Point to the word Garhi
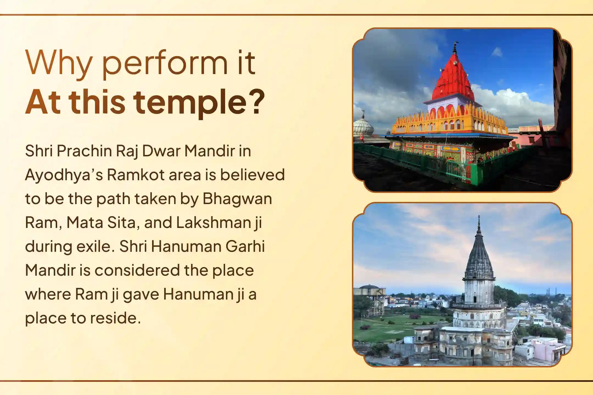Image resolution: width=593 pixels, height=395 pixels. click(245, 246)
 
